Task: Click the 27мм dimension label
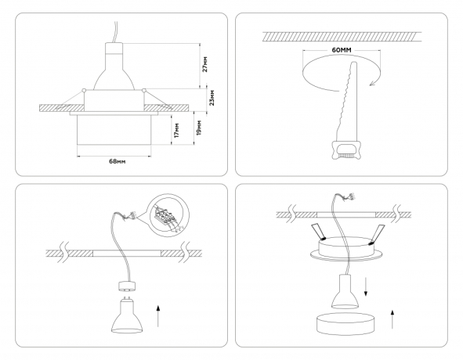pos(205,64)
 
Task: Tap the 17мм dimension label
pos(177,131)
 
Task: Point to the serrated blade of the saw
pos(345,102)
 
